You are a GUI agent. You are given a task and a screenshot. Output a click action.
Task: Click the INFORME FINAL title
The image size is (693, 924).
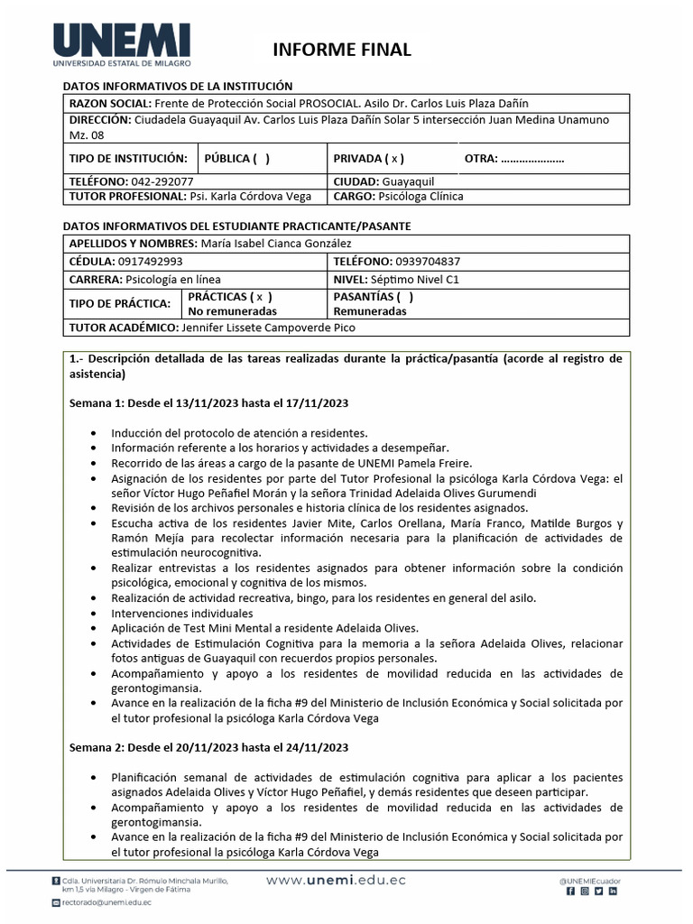[x=341, y=50]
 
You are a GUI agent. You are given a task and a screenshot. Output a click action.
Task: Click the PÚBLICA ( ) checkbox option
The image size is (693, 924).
[x=237, y=159]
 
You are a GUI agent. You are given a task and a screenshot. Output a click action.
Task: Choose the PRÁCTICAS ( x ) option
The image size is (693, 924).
[x=229, y=296]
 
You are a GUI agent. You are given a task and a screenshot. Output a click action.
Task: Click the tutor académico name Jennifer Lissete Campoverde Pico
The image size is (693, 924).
[x=280, y=328]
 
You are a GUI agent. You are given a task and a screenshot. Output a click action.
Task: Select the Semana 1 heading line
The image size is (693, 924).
[x=209, y=402]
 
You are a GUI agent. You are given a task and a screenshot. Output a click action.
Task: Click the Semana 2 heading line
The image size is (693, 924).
[x=209, y=747]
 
